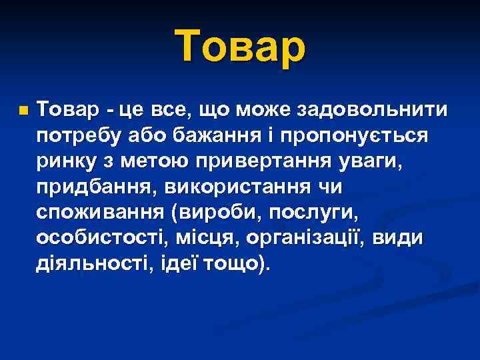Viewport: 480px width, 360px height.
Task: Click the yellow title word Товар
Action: [x=241, y=49]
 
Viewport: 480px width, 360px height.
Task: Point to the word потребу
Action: [x=79, y=136]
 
